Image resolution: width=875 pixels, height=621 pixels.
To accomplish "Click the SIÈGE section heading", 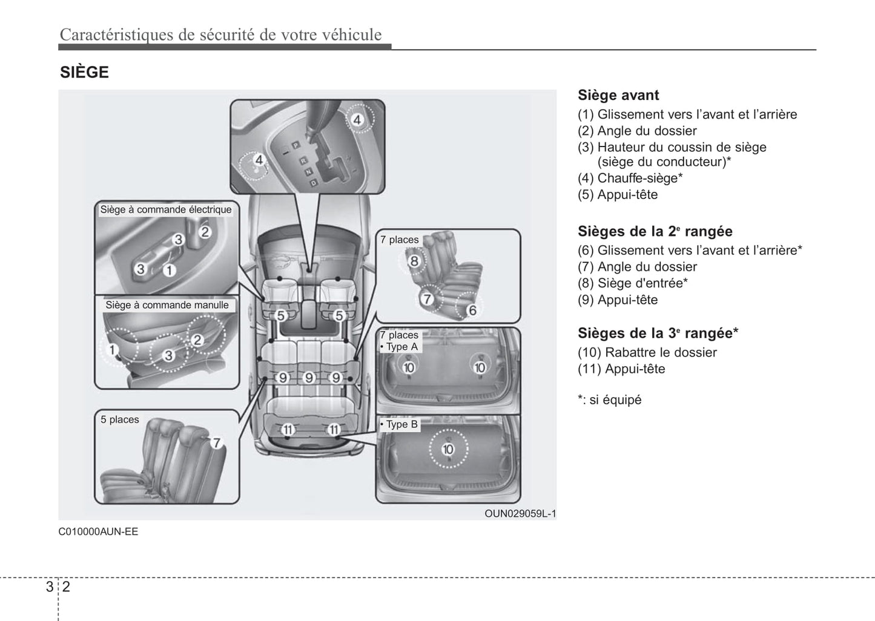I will click(84, 73).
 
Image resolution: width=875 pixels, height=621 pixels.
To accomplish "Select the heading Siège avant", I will click(618, 95).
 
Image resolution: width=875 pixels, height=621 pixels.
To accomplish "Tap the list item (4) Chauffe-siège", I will click(630, 178).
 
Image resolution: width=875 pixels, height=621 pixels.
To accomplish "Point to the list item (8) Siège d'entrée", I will click(632, 283).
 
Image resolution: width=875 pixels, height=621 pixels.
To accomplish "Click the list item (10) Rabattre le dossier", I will click(647, 352).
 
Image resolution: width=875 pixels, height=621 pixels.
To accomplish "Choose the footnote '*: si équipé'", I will click(609, 399).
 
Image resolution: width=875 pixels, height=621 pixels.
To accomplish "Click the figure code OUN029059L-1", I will click(520, 514).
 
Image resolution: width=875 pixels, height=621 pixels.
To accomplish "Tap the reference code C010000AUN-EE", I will click(98, 532).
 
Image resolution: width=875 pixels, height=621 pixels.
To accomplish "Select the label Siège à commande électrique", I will click(166, 209).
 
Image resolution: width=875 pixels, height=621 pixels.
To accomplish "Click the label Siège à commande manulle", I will click(167, 305).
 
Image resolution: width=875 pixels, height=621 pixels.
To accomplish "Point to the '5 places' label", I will click(120, 419).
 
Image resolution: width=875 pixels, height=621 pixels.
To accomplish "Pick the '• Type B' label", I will click(399, 424).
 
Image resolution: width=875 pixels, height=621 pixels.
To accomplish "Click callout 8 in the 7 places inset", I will click(414, 261).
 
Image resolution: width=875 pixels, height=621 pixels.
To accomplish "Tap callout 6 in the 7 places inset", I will click(472, 310).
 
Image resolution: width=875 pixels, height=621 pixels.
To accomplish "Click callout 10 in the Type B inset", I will click(448, 449).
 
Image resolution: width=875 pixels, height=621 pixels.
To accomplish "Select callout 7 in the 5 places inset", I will click(216, 442).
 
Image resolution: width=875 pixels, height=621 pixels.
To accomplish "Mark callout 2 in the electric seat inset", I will click(205, 232).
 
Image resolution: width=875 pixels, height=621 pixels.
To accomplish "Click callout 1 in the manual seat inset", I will click(112, 349).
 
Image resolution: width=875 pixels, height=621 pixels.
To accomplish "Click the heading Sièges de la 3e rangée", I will click(658, 333).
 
